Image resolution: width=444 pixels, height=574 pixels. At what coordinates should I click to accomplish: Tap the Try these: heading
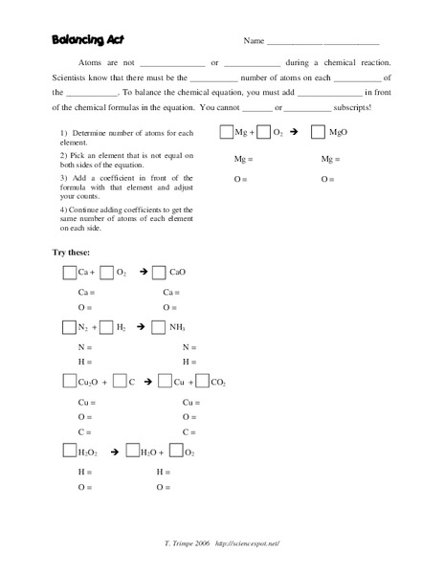tap(72, 252)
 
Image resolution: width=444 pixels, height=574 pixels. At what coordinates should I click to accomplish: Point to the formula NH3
tap(177, 327)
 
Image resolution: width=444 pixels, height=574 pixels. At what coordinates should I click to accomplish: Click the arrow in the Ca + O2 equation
tap(143, 273)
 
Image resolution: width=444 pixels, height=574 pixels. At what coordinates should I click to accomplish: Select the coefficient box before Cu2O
tap(69, 382)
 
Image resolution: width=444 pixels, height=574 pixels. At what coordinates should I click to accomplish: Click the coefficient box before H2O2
tap(69, 452)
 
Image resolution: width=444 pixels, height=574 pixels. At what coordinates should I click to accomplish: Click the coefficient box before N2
tap(69, 327)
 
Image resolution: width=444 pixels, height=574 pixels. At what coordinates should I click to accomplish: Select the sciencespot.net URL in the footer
tap(247, 542)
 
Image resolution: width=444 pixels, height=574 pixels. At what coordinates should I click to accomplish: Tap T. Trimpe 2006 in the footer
tap(188, 542)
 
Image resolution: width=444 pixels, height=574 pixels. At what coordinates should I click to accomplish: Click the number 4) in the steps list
tap(63, 209)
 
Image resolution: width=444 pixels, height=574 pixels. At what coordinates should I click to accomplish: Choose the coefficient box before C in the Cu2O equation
tap(120, 382)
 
